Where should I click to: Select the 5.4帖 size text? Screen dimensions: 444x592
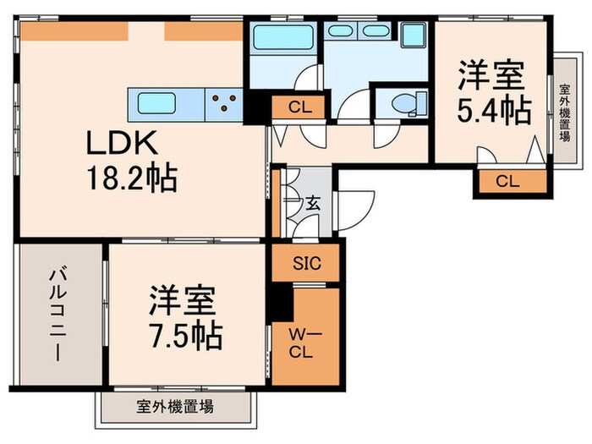495,108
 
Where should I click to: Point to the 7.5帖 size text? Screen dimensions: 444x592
185,336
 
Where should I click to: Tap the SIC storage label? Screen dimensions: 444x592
305,263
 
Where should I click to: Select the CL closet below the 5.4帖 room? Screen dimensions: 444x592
507,181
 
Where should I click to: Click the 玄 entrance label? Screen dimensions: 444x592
312,203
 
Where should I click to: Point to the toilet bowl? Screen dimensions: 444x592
403,103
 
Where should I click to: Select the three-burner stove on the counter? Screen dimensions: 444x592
226,103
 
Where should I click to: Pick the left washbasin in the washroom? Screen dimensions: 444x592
342,30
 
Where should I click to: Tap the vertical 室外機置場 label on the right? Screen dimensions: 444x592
563,111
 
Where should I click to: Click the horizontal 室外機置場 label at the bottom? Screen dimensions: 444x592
175,407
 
